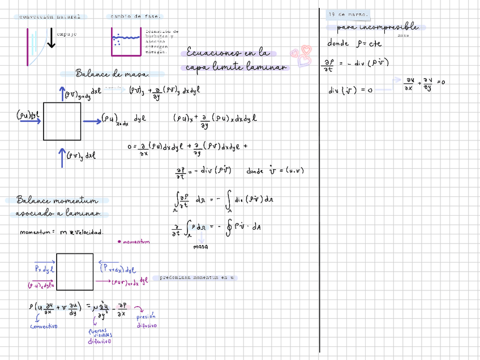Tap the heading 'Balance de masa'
(x=112, y=74)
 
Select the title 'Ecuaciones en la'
(x=228, y=54)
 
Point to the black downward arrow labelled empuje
(x=52, y=38)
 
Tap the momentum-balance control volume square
(x=75, y=272)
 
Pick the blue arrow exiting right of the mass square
(x=91, y=121)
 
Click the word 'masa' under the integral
(x=200, y=247)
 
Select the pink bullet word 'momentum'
(x=135, y=242)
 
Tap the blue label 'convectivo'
(x=43, y=326)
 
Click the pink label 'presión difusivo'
(x=147, y=321)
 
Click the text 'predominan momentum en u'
(x=196, y=278)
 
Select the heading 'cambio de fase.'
(x=135, y=16)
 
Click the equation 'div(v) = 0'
(x=350, y=90)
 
